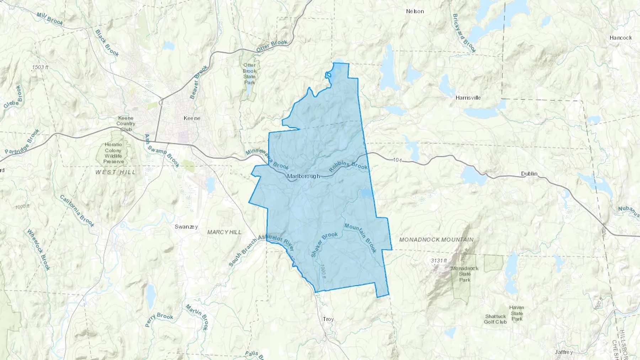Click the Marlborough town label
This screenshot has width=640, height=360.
pos(303,176)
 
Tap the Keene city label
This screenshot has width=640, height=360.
pos(192,118)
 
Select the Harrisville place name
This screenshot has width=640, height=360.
pos(468,98)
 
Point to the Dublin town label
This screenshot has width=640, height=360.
pos(529,174)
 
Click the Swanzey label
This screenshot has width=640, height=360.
pos(186,227)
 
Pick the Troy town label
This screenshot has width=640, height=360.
pos(328,319)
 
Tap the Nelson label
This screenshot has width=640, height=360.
pos(415,11)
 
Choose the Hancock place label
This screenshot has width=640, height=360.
pos(620,38)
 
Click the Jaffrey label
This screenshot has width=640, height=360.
pos(564,352)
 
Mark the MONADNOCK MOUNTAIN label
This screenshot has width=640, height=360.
pos(436,240)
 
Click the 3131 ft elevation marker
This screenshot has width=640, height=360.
pos(439,260)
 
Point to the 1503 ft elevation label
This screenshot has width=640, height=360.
pos(40,67)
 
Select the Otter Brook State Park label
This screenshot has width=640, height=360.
pos(249,74)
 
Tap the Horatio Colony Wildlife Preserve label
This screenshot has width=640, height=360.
pos(113,153)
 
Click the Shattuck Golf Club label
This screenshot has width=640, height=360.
pos(495,319)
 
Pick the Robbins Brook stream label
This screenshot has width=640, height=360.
pos(348,166)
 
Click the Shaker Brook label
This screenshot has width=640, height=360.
pos(324,245)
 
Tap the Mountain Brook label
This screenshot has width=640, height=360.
pos(360,238)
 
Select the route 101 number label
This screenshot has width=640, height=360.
pos(398,160)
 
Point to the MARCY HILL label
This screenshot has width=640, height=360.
pos(224,232)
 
